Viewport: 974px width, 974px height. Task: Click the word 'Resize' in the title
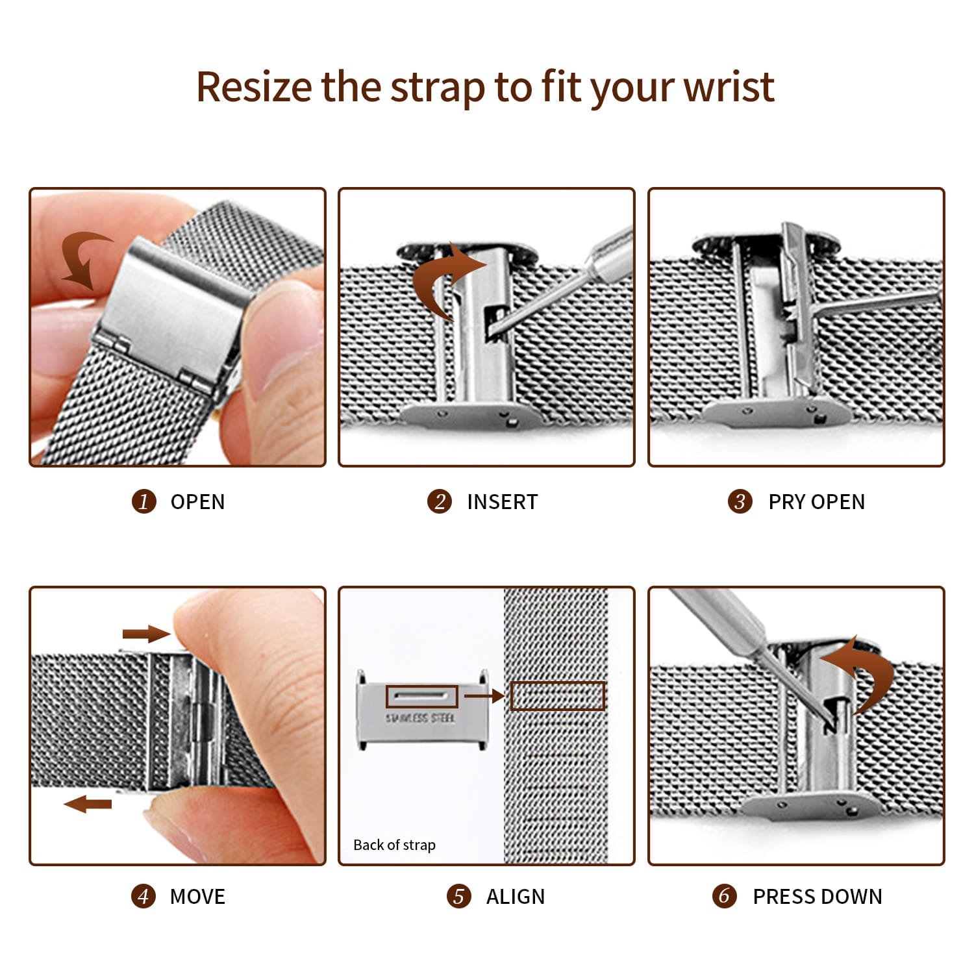point(253,86)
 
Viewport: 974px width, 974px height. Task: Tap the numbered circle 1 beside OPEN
point(144,501)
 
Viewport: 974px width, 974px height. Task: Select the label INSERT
point(502,502)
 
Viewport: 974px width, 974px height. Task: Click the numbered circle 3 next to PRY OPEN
point(740,501)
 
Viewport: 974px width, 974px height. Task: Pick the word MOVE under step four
point(197,897)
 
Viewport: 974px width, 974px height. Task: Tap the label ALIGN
point(515,897)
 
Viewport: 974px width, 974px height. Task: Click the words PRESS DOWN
point(817,897)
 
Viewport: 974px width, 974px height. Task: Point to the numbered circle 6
point(724,896)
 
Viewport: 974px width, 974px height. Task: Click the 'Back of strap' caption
point(394,845)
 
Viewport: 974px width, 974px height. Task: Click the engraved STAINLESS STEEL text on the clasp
point(420,718)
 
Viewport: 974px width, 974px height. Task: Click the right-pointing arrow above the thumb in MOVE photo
point(146,634)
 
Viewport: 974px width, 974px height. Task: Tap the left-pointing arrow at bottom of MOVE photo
point(88,805)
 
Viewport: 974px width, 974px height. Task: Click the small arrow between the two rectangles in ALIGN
point(484,696)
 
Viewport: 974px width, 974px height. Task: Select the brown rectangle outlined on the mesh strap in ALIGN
point(557,696)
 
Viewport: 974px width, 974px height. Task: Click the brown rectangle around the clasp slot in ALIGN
point(422,697)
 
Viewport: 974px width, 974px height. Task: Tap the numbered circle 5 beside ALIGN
point(458,897)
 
